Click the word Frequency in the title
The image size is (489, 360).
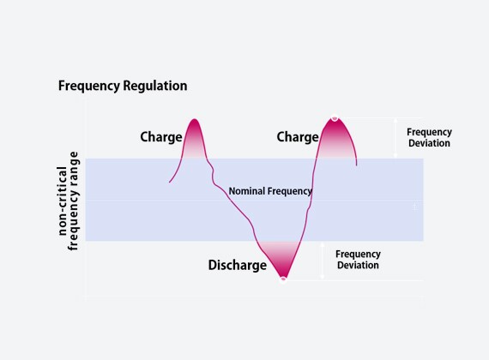pyautogui.click(x=89, y=86)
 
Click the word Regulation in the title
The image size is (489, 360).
pyautogui.click(x=155, y=86)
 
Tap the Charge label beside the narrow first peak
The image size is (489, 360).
pyautogui.click(x=161, y=137)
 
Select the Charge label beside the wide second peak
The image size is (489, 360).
pyautogui.click(x=298, y=137)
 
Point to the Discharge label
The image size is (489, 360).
pyautogui.click(x=238, y=265)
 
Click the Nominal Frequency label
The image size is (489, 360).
pyautogui.click(x=270, y=191)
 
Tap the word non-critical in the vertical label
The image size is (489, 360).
pyautogui.click(x=63, y=201)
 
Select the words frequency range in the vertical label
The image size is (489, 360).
pyautogui.click(x=73, y=201)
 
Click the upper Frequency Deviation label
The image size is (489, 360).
pyautogui.click(x=429, y=137)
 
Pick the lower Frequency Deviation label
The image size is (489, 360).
pyautogui.click(x=358, y=260)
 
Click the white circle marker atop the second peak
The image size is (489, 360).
pyautogui.click(x=335, y=118)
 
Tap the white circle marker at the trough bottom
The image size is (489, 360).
pyautogui.click(x=283, y=279)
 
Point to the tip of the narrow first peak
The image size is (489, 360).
pyautogui.click(x=195, y=119)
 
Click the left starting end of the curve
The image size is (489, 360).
pyautogui.click(x=170, y=182)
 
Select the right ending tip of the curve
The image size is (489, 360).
pyautogui.click(x=357, y=165)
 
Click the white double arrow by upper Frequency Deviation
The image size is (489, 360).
pyautogui.click(x=395, y=138)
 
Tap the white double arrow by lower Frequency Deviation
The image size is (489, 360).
pyautogui.click(x=323, y=261)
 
